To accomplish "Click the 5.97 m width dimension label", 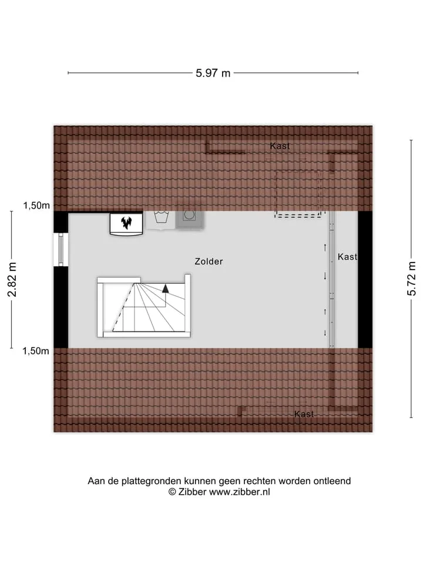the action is [213, 73].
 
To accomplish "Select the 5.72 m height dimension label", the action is [411, 278].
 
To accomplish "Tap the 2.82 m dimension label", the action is [12, 280].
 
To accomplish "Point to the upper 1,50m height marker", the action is [36, 206].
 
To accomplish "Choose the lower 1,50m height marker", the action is [36, 351].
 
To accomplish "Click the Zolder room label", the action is [209, 261].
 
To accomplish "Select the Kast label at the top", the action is [280, 146].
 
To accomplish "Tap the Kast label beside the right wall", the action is [347, 257].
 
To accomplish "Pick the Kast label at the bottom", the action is [304, 414].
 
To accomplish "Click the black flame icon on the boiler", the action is [126, 223].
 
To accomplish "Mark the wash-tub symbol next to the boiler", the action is [162, 218].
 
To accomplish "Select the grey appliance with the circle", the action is [190, 219].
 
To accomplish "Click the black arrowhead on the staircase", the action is [166, 288].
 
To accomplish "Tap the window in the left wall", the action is [61, 250].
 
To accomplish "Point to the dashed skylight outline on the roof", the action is [298, 194].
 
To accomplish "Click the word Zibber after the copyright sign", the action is [193, 492].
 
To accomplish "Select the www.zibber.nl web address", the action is [240, 492].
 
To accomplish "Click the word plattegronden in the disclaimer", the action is [152, 481].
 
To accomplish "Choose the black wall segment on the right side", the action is [365, 280].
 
